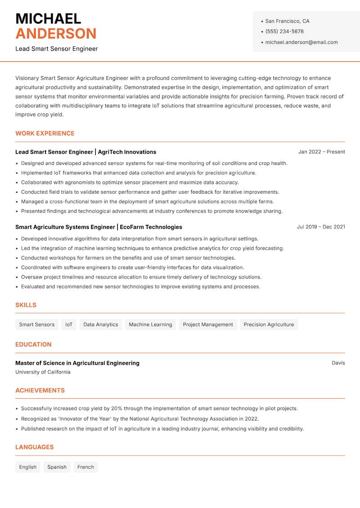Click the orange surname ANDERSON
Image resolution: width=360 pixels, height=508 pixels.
pos(56,34)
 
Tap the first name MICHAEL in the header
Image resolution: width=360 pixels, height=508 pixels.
pos(48,18)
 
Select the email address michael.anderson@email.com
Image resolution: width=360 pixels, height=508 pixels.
pos(301,42)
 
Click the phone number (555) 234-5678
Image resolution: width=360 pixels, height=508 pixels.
pos(284,31)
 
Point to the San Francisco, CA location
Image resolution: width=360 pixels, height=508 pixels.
pos(287,21)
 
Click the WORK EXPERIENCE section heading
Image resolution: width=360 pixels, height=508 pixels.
pos(45,134)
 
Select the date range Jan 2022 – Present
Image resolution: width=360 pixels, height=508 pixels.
pos(321,152)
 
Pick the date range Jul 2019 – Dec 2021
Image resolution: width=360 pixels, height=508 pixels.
pos(321,227)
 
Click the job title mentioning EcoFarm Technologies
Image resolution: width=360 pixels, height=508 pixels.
pos(99,227)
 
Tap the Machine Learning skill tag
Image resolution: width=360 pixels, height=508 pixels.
pos(150,325)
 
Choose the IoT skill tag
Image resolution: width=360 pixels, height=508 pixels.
pos(69,325)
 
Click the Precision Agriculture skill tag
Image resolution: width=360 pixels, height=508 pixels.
pos(269,325)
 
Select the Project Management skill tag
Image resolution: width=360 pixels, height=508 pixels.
pos(208,325)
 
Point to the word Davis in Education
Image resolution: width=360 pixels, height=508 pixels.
pos(338,363)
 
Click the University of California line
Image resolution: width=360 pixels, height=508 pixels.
pos(43,372)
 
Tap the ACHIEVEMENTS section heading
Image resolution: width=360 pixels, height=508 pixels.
pos(40,391)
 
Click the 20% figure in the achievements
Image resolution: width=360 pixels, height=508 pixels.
pos(117,409)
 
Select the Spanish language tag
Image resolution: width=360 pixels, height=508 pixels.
pos(57,467)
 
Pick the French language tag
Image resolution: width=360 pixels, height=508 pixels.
pos(85,467)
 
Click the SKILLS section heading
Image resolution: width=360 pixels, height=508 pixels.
pos(26,305)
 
